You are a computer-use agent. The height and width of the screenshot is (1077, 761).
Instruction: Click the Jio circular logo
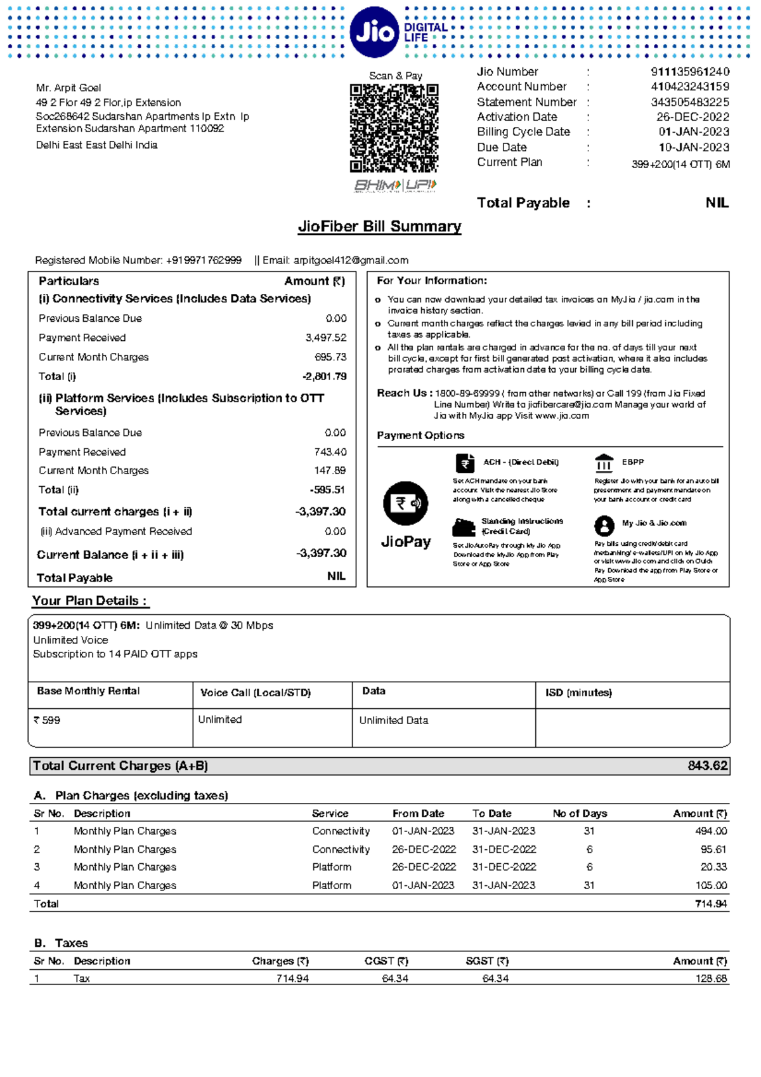click(374, 32)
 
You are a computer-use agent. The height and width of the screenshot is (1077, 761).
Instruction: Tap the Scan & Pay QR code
click(394, 128)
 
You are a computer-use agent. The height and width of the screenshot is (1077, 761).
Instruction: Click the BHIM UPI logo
click(395, 185)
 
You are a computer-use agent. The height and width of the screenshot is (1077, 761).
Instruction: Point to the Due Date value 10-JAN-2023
click(694, 147)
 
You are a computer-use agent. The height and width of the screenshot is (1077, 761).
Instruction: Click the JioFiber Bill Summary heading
click(379, 227)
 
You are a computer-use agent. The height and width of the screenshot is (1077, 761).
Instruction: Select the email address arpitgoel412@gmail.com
click(350, 260)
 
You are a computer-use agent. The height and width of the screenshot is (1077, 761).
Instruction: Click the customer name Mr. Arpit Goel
click(68, 88)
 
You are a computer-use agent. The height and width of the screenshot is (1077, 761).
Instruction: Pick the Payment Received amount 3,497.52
click(326, 338)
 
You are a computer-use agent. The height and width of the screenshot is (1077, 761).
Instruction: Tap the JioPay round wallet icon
click(405, 503)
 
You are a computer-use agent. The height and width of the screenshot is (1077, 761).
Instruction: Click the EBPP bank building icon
click(604, 463)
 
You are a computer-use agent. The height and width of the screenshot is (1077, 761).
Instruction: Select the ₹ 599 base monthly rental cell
click(47, 720)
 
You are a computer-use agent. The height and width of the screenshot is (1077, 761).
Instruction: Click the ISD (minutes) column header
click(578, 692)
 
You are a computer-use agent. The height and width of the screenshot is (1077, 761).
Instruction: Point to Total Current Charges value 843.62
click(708, 766)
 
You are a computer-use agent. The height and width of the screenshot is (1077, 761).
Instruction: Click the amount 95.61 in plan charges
click(713, 849)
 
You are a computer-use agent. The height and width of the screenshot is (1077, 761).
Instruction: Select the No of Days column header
click(580, 814)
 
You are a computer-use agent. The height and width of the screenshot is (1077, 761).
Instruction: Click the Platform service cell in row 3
click(331, 867)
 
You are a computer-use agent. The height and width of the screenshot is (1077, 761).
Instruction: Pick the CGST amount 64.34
click(395, 979)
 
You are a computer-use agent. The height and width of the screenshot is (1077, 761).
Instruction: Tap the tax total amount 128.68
click(711, 979)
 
